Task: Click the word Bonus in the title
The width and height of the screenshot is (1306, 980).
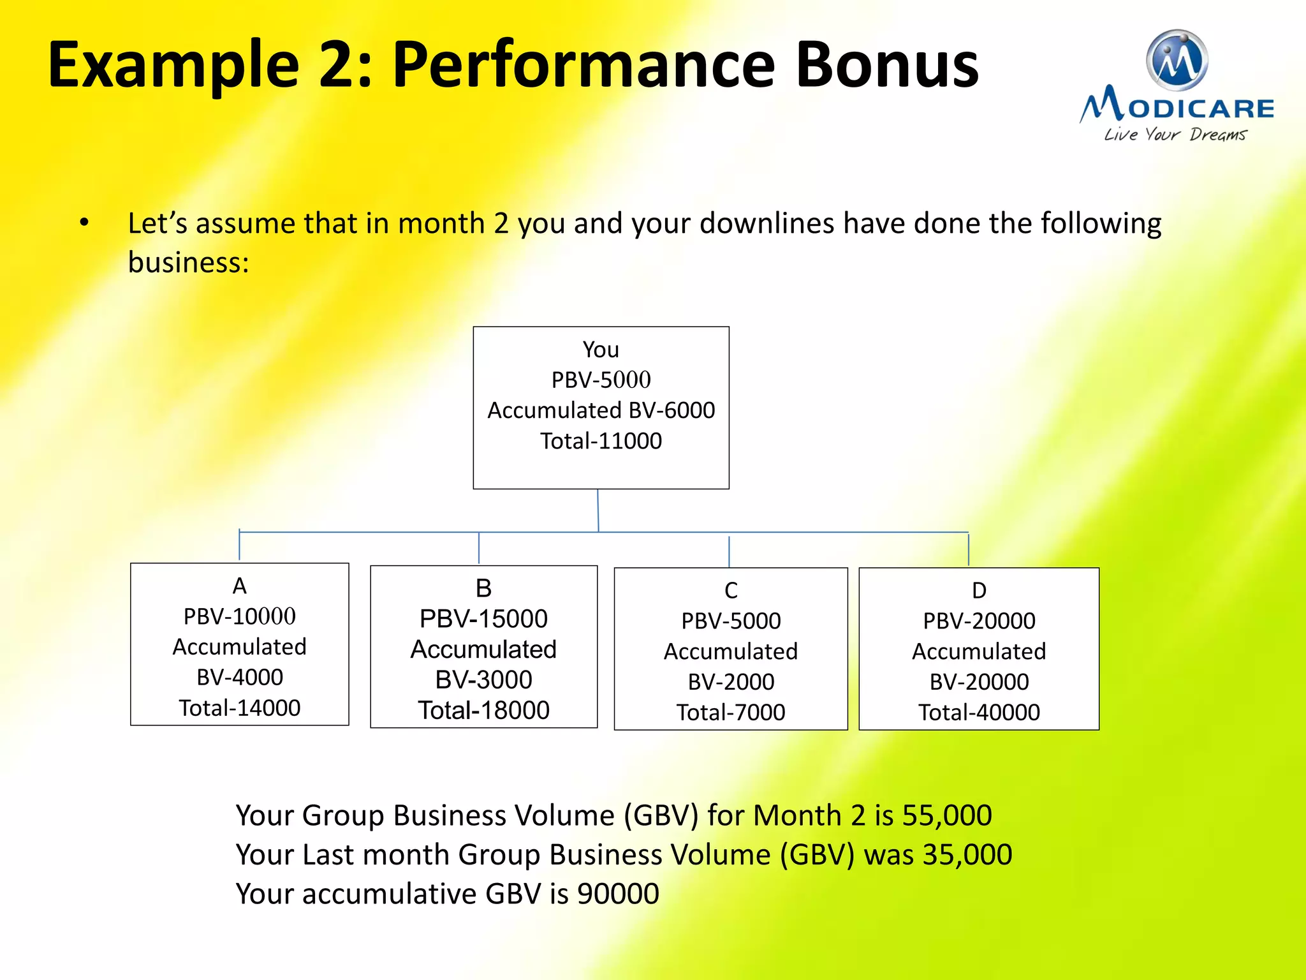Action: [886, 65]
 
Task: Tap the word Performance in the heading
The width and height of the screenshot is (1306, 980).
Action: [583, 65]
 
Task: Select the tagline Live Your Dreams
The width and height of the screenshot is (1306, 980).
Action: [1175, 135]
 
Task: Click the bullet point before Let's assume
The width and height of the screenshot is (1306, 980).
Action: [84, 223]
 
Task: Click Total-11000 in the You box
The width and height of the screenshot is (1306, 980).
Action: [601, 441]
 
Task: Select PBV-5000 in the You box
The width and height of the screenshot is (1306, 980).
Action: [601, 380]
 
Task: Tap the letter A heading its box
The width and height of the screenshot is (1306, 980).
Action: [239, 586]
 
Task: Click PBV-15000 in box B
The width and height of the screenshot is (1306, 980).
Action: [483, 618]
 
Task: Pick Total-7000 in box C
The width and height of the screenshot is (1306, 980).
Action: [731, 712]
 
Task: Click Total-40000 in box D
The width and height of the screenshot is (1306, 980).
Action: [979, 712]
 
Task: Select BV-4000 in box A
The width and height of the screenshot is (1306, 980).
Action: [239, 677]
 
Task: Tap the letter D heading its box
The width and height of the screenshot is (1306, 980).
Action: [979, 590]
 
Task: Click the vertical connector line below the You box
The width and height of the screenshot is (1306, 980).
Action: [598, 510]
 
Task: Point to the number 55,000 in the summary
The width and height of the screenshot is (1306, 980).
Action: [947, 815]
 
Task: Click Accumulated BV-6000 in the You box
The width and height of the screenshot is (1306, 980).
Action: [601, 410]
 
